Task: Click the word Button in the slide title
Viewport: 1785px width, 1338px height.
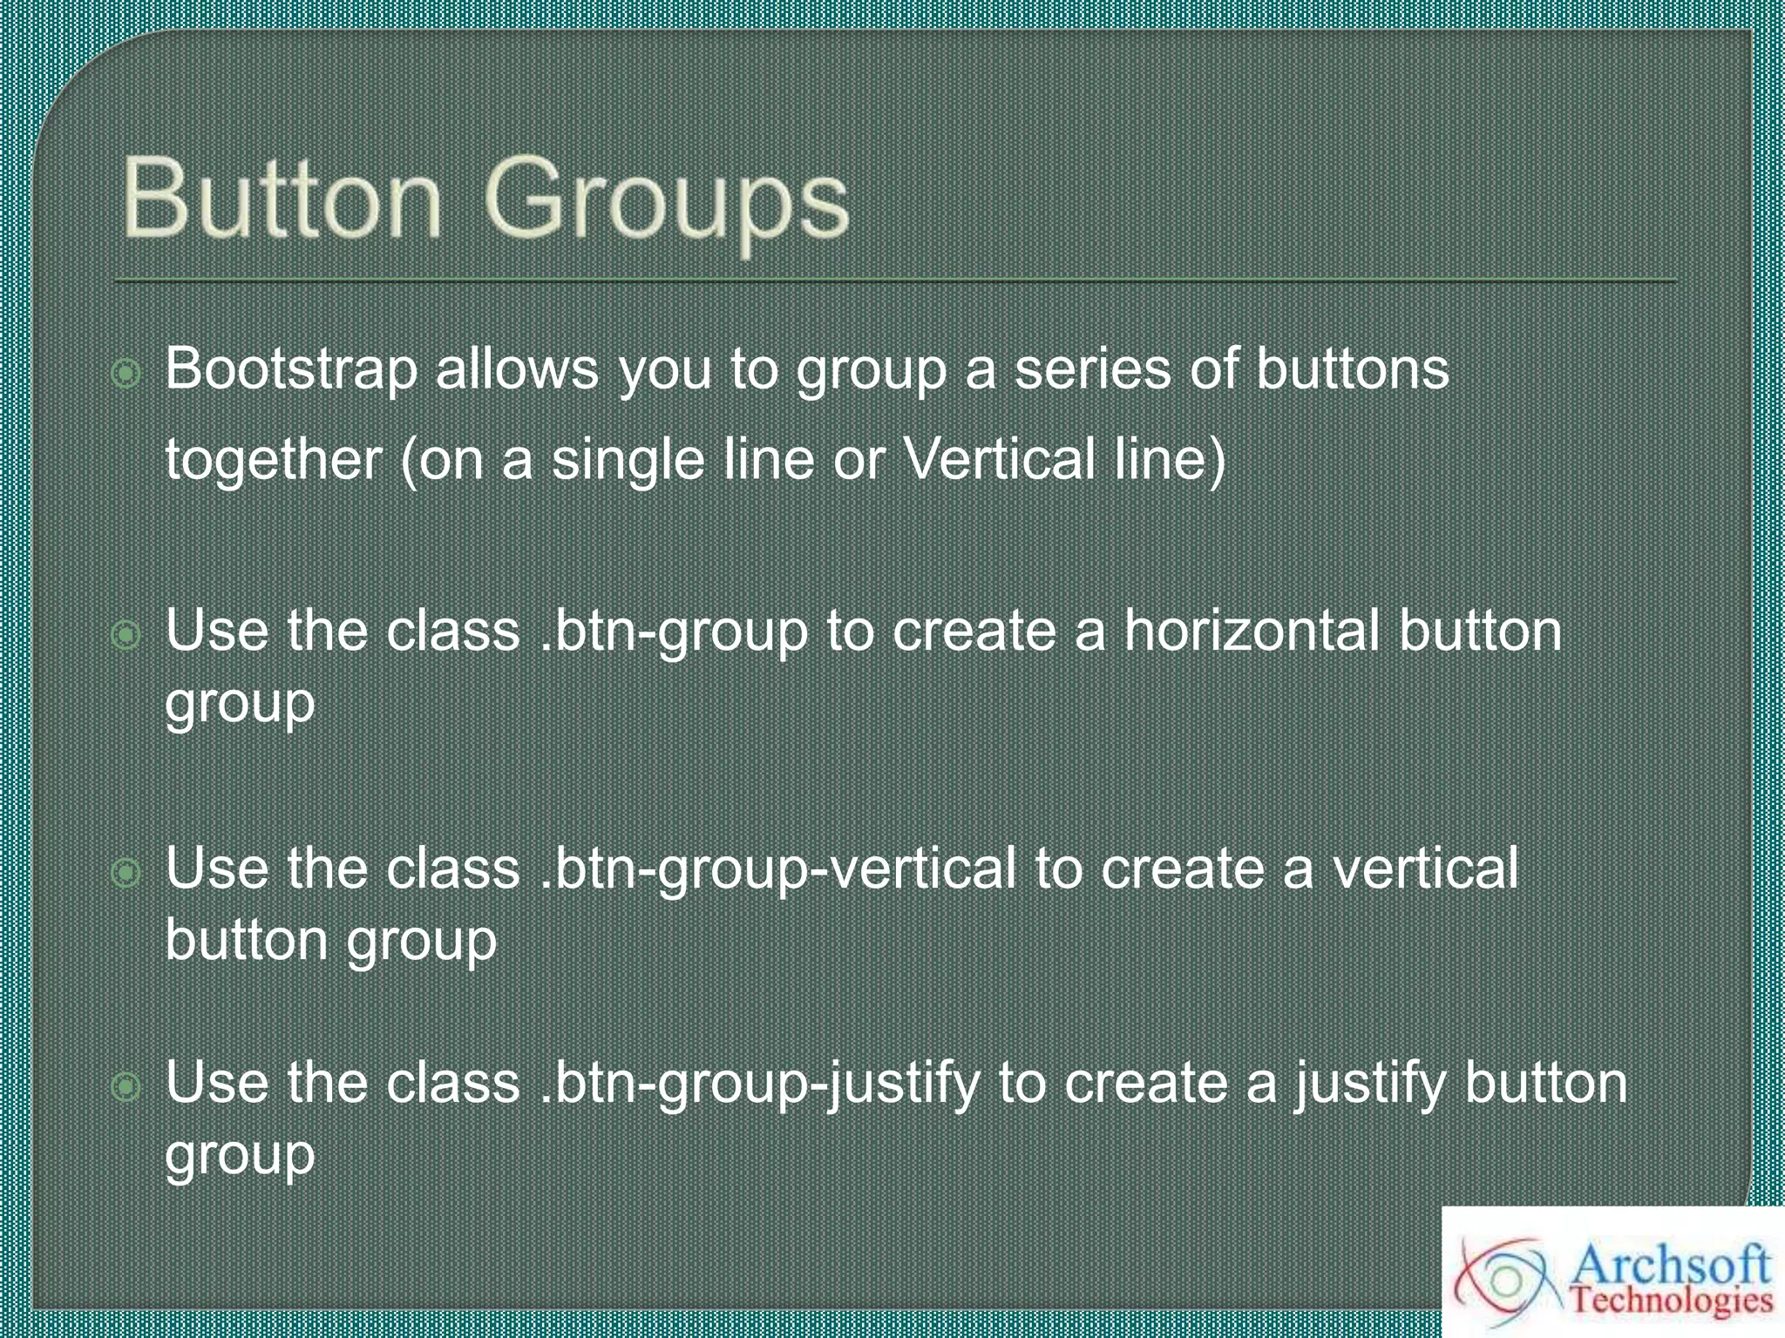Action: [x=281, y=199]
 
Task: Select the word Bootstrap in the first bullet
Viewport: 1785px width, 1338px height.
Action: [x=291, y=368]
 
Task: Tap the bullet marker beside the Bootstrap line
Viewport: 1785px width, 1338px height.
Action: [x=127, y=374]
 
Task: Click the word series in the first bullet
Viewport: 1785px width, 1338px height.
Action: [x=1093, y=368]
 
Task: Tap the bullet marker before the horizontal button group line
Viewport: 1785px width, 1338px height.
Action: [x=127, y=635]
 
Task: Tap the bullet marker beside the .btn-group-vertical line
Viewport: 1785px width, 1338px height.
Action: [x=127, y=872]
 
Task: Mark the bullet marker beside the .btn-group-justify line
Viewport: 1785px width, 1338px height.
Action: [x=127, y=1086]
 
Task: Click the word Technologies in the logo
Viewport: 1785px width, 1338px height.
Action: [x=1672, y=1301]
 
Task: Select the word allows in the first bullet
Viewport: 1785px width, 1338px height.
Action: [x=517, y=368]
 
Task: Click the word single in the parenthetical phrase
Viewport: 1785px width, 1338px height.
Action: [x=628, y=460]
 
